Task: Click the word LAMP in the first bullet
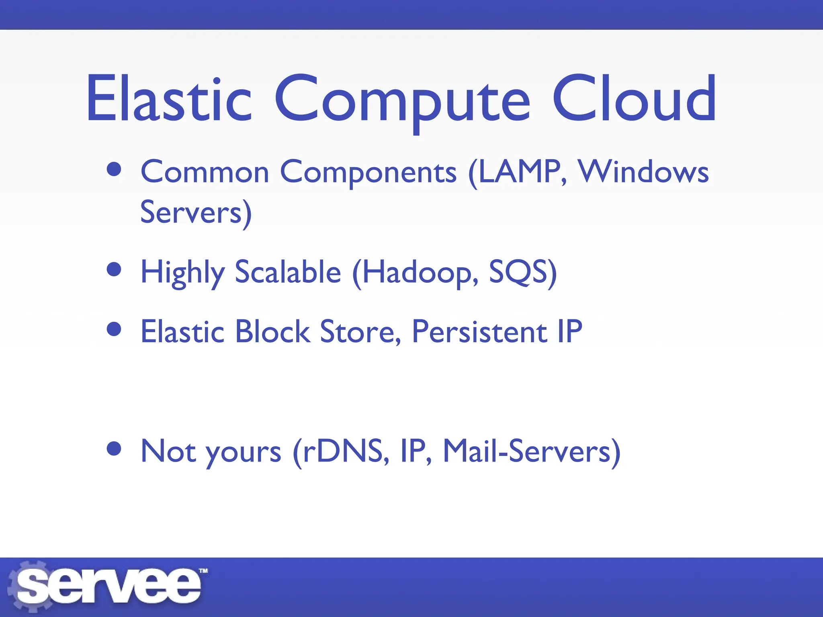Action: [521, 172]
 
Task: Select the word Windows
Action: [643, 172]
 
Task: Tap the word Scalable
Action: [288, 272]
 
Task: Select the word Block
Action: [272, 332]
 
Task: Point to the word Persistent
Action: [479, 332]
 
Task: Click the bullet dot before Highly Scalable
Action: [115, 270]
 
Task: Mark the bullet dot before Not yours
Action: [115, 449]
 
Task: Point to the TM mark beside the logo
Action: [204, 571]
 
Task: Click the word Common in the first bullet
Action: [205, 172]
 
